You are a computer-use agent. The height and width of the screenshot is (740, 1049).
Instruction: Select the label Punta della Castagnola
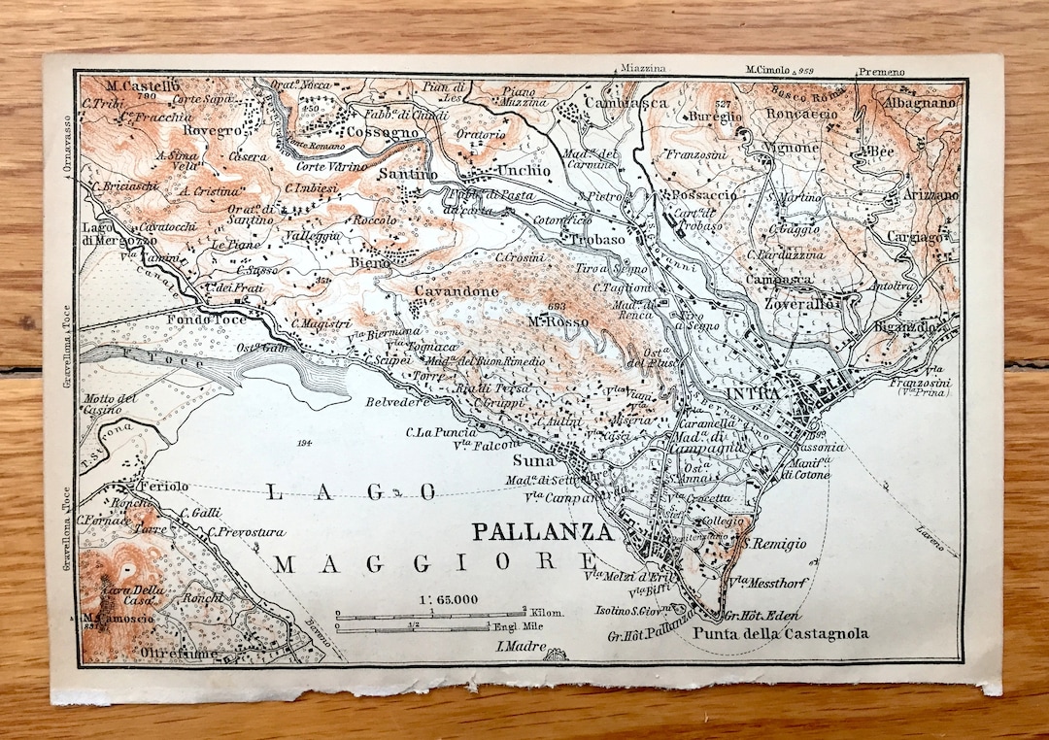click(780, 635)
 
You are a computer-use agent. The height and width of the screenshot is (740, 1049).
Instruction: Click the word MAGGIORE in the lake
click(431, 562)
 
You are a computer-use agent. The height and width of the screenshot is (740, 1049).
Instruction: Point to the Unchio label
click(524, 170)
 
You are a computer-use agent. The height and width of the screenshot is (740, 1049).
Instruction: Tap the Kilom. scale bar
click(432, 615)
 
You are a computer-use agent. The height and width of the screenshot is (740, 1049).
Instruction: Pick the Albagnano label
click(920, 102)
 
